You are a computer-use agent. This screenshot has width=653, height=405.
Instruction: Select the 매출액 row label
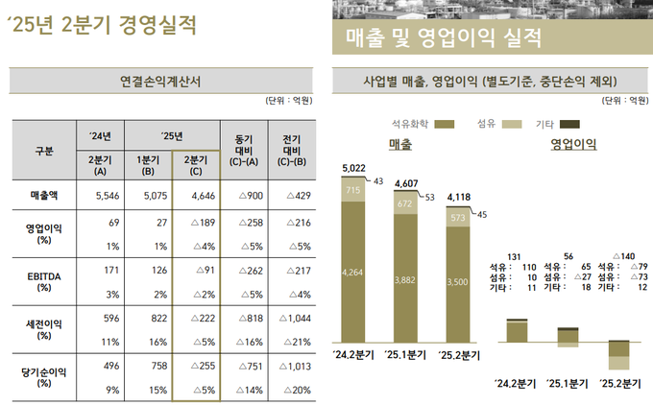(43, 196)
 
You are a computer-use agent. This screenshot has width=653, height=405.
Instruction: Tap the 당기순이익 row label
(43, 369)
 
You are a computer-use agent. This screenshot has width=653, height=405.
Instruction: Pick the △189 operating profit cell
(196, 224)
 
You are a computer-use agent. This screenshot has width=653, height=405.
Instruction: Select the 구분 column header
(43, 151)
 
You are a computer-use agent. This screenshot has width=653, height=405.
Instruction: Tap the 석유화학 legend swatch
(445, 124)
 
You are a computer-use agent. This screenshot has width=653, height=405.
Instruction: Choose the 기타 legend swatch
(569, 124)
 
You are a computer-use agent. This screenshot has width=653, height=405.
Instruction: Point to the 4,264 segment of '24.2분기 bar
(353, 274)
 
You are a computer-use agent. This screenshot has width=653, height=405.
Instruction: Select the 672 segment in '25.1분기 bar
(405, 203)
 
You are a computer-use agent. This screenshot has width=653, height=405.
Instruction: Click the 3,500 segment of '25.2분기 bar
(458, 283)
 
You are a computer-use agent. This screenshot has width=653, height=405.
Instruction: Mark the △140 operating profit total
(623, 256)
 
